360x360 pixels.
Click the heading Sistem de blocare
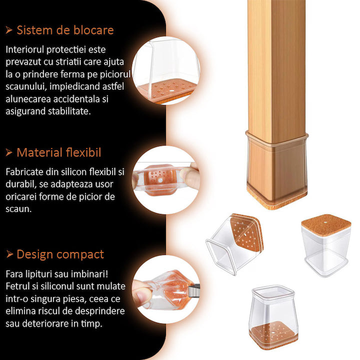coord(65,30)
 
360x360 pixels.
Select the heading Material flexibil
coord(59,152)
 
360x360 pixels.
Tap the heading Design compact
coord(60,254)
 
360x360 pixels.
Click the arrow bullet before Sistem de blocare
coord(8,30)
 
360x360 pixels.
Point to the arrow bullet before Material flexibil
coord(8,152)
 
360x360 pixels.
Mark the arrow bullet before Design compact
coord(9,254)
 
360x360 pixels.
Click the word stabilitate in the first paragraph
coord(69,111)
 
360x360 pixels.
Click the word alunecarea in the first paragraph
coord(28,99)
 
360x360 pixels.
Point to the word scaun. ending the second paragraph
coord(18,209)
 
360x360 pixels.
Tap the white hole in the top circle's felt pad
coord(171,90)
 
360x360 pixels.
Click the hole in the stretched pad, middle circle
coord(160,180)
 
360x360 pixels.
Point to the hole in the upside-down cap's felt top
coord(326,222)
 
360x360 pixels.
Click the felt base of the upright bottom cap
coord(273,335)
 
